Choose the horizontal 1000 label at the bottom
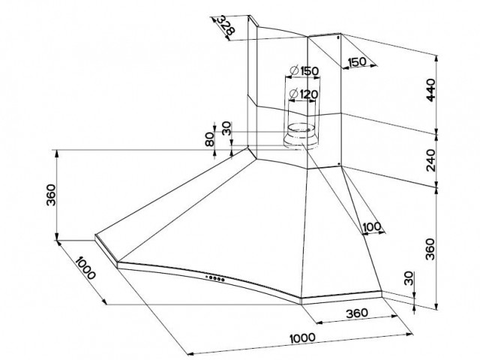(x=302, y=338)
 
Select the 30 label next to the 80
(x=226, y=129)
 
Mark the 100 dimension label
(x=370, y=227)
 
